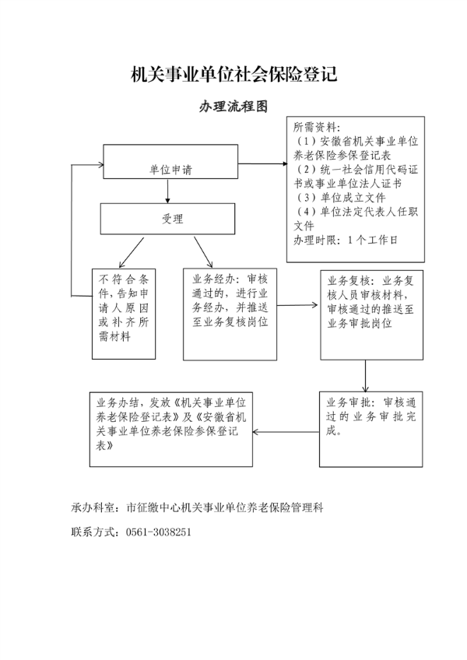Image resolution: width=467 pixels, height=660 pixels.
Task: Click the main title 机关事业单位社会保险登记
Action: pos(233,75)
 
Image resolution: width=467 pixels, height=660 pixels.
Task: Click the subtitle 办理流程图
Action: pos(233,106)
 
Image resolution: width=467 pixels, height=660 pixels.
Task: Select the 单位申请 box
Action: pos(170,164)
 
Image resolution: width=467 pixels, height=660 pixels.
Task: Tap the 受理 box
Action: pos(167,219)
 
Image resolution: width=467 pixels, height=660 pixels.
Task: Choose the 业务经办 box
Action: pos(230,314)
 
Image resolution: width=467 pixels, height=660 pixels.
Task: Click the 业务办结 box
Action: pos(170,427)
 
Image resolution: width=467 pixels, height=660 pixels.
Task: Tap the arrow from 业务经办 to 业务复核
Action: pos(298,305)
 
